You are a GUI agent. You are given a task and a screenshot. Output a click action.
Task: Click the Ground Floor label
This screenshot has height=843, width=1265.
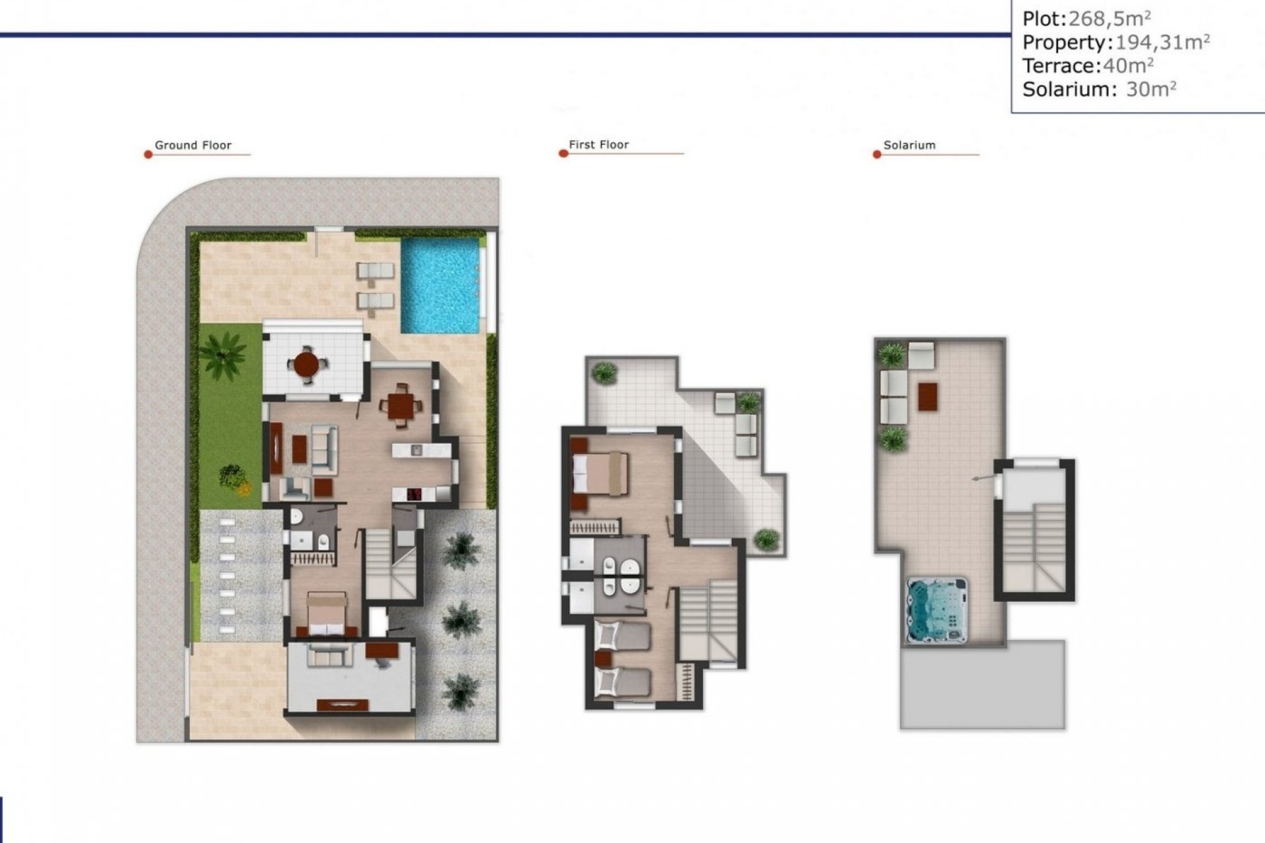coord(192,145)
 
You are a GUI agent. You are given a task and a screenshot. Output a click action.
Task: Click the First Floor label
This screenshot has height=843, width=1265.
coord(598,144)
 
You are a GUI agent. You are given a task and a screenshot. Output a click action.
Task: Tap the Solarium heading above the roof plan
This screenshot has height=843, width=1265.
coord(909,145)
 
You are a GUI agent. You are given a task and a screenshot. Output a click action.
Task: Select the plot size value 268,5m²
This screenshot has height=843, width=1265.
coord(1110,19)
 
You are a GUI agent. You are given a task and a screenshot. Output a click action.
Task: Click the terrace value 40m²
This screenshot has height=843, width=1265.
coord(1128,66)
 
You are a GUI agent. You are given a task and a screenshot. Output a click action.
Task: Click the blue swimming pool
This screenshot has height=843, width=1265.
coord(440,285)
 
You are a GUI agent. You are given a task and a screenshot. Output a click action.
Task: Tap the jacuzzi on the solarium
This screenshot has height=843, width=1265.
coord(937,610)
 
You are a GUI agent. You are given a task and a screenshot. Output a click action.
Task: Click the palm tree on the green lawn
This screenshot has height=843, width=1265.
coord(223,354)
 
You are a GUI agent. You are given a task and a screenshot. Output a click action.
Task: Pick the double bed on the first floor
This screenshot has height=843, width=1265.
coord(600,473)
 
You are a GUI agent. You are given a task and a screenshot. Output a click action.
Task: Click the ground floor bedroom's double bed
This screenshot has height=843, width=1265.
coord(327,612)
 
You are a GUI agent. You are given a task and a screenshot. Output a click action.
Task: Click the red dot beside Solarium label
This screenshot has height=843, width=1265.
coord(876,155)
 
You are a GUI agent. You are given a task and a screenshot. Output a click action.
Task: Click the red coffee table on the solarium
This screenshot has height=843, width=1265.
coord(928,396)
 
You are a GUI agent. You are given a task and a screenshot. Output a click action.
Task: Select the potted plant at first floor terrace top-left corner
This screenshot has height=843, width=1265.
coord(604,373)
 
